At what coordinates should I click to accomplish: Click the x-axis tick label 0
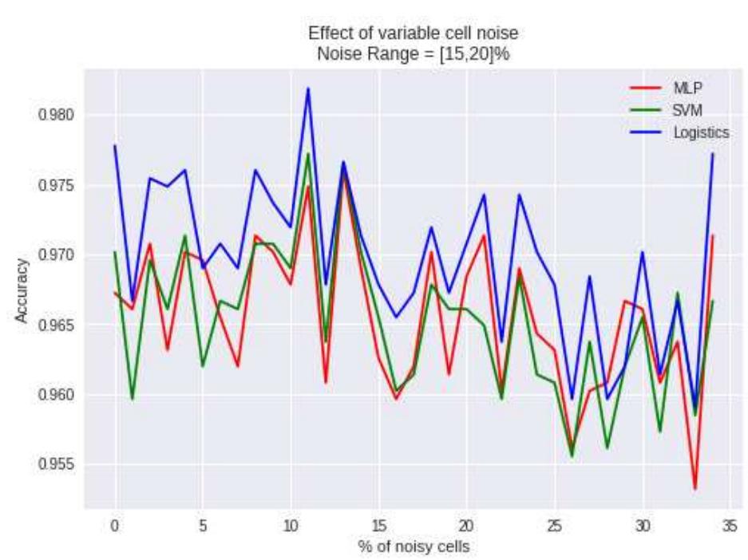coord(115,526)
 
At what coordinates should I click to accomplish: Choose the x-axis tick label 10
coord(291,526)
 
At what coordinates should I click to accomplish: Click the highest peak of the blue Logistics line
coord(308,89)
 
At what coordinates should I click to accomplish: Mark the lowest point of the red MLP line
coord(695,488)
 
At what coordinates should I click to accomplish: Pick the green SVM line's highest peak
coord(308,153)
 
